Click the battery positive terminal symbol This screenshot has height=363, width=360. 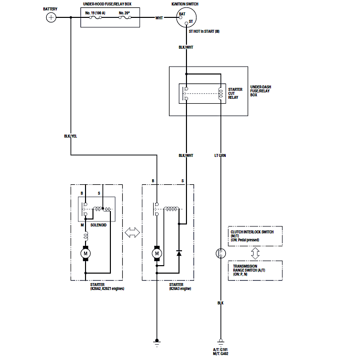pyautogui.click(x=51, y=18)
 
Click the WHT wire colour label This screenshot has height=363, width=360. pyautogui.click(x=159, y=18)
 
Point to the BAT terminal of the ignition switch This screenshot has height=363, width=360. pyautogui.click(x=182, y=14)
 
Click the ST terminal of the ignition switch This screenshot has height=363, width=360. pyautogui.click(x=190, y=22)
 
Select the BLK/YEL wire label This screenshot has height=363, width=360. pyautogui.click(x=71, y=136)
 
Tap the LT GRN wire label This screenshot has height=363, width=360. pyautogui.click(x=220, y=155)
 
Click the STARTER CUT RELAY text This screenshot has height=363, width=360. pyautogui.click(x=235, y=93)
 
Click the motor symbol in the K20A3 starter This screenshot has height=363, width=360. pyautogui.click(x=157, y=254)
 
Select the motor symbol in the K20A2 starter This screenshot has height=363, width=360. pyautogui.click(x=86, y=254)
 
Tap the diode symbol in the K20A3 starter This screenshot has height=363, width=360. pyautogui.click(x=179, y=253)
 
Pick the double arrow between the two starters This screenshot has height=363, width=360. pyautogui.click(x=132, y=232)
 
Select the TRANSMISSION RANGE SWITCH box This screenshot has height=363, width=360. pyautogui.click(x=255, y=270)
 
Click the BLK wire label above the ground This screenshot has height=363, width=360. pyautogui.click(x=220, y=302)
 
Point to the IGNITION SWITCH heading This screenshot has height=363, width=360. pyautogui.click(x=186, y=3)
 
